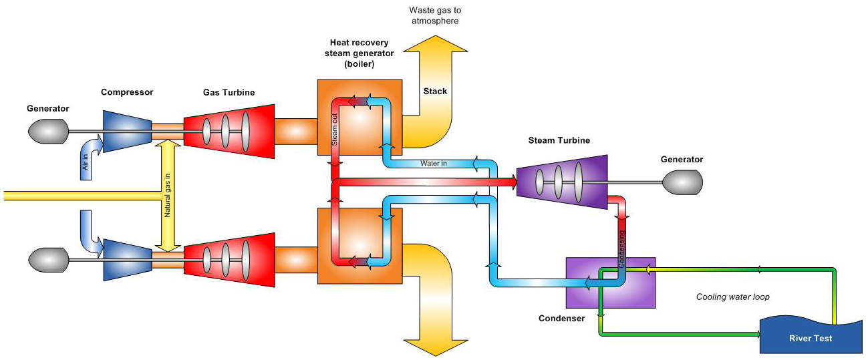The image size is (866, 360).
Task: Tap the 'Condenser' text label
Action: (561, 318)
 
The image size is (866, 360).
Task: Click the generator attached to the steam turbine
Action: (682, 180)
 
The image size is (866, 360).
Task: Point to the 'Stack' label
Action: (435, 91)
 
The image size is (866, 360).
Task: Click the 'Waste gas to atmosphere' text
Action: (435, 16)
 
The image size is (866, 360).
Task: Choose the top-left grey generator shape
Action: (48, 131)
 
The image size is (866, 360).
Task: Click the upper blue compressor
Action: (126, 132)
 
